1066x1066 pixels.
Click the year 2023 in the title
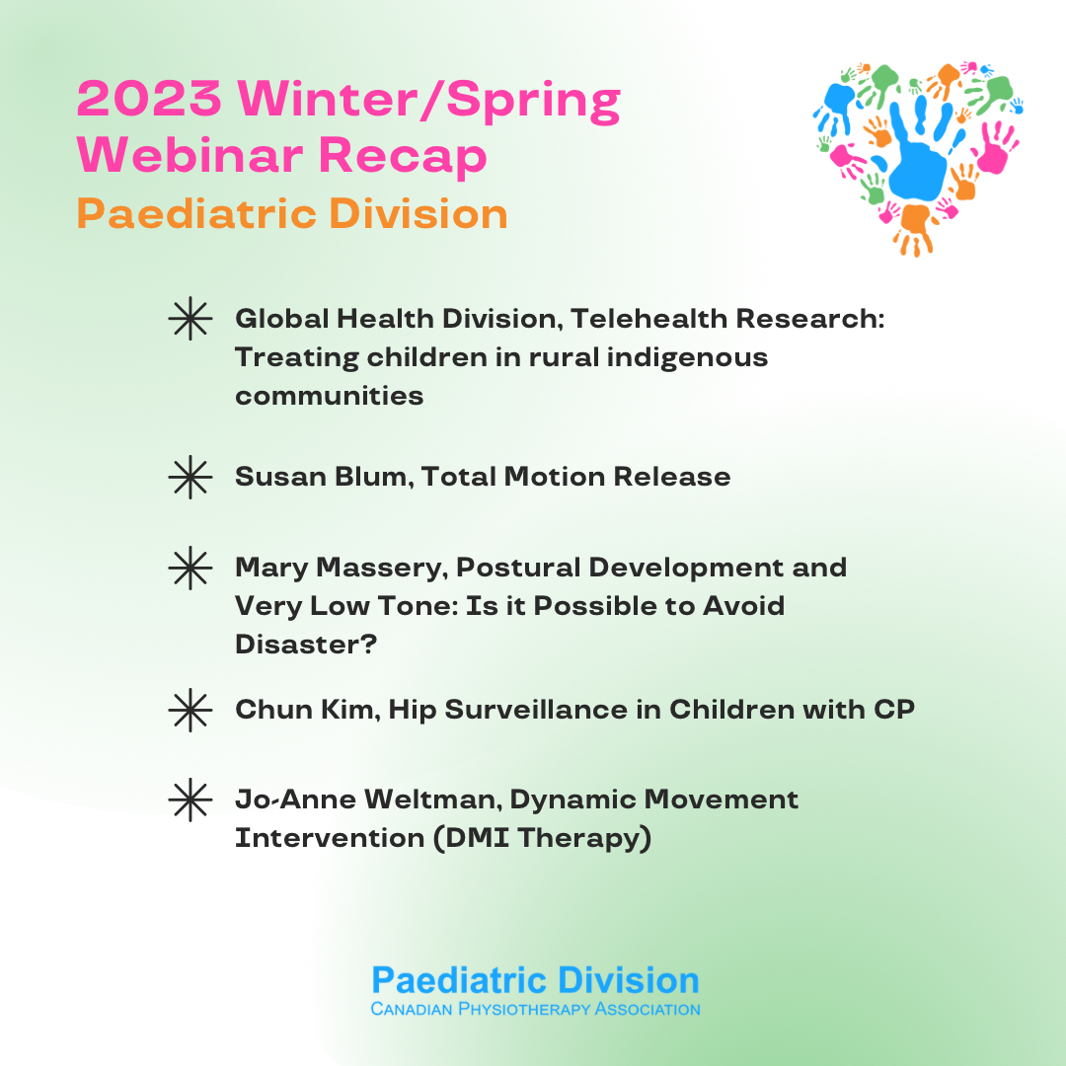pyautogui.click(x=151, y=100)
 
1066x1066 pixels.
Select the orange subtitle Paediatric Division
pyautogui.click(x=292, y=214)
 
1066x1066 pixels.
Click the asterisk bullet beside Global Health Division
pyautogui.click(x=190, y=321)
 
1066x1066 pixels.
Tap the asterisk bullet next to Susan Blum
pyautogui.click(x=190, y=478)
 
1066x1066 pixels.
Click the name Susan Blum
pyautogui.click(x=324, y=477)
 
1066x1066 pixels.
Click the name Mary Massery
pyautogui.click(x=341, y=568)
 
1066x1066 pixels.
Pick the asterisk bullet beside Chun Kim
pyautogui.click(x=190, y=711)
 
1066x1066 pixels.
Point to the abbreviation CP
pyautogui.click(x=892, y=710)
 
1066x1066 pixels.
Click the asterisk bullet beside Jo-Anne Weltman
pyautogui.click(x=190, y=799)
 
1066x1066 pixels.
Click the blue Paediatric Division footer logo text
pyautogui.click(x=535, y=980)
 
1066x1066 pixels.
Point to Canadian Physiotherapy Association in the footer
pyautogui.click(x=535, y=1010)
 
